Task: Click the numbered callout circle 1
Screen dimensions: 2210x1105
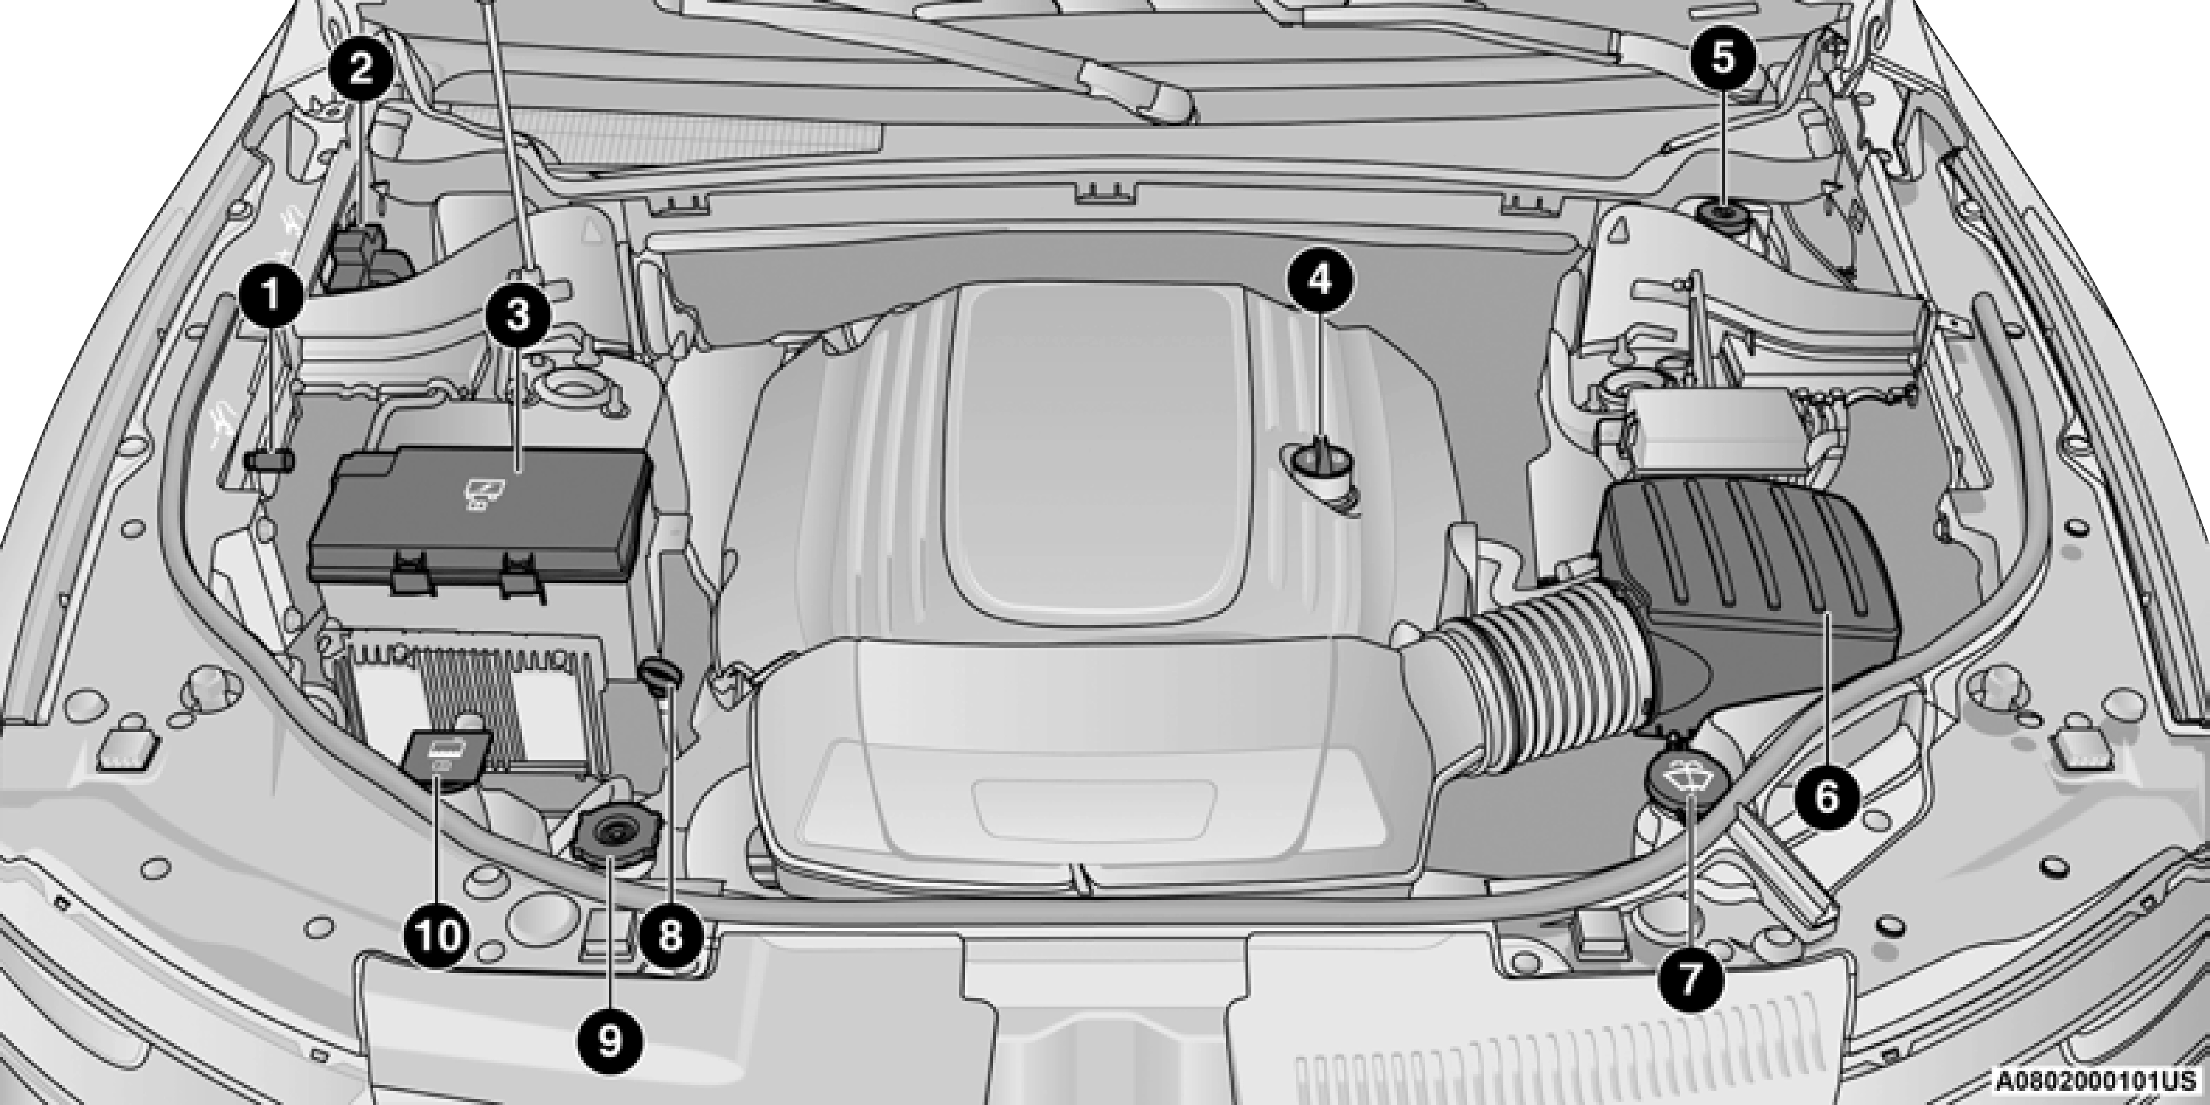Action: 271,296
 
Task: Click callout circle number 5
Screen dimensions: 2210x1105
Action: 1724,58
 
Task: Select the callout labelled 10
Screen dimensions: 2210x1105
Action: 439,936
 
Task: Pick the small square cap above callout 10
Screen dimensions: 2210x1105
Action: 446,755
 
